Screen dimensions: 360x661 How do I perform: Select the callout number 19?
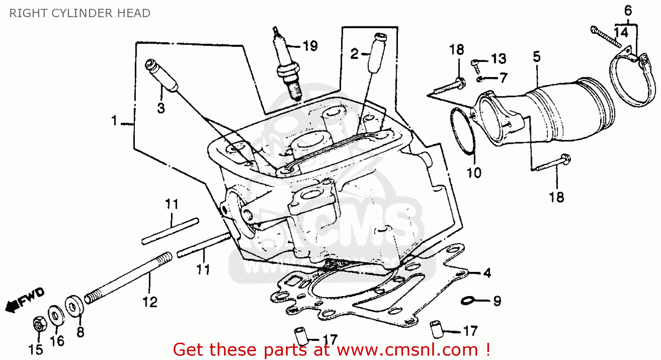tap(310, 46)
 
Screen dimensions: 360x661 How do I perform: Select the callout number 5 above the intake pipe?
tap(536, 57)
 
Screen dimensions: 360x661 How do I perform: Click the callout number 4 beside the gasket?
tap(487, 273)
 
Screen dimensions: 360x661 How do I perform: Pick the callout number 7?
tap(504, 78)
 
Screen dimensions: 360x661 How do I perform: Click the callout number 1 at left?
tap(115, 120)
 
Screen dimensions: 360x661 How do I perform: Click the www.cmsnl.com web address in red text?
tap(408, 350)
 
